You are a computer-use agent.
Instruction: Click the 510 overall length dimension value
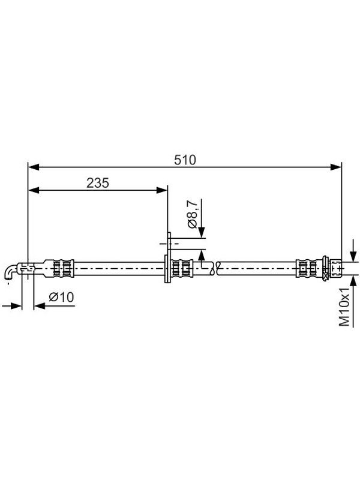point(185,160)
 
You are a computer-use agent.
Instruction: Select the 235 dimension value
point(98,183)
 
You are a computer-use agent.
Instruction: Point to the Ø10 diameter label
point(61,297)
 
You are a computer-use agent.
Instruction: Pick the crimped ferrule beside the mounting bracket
point(182,268)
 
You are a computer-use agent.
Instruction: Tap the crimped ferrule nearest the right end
point(307,268)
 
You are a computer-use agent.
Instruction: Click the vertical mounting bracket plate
point(168,257)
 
